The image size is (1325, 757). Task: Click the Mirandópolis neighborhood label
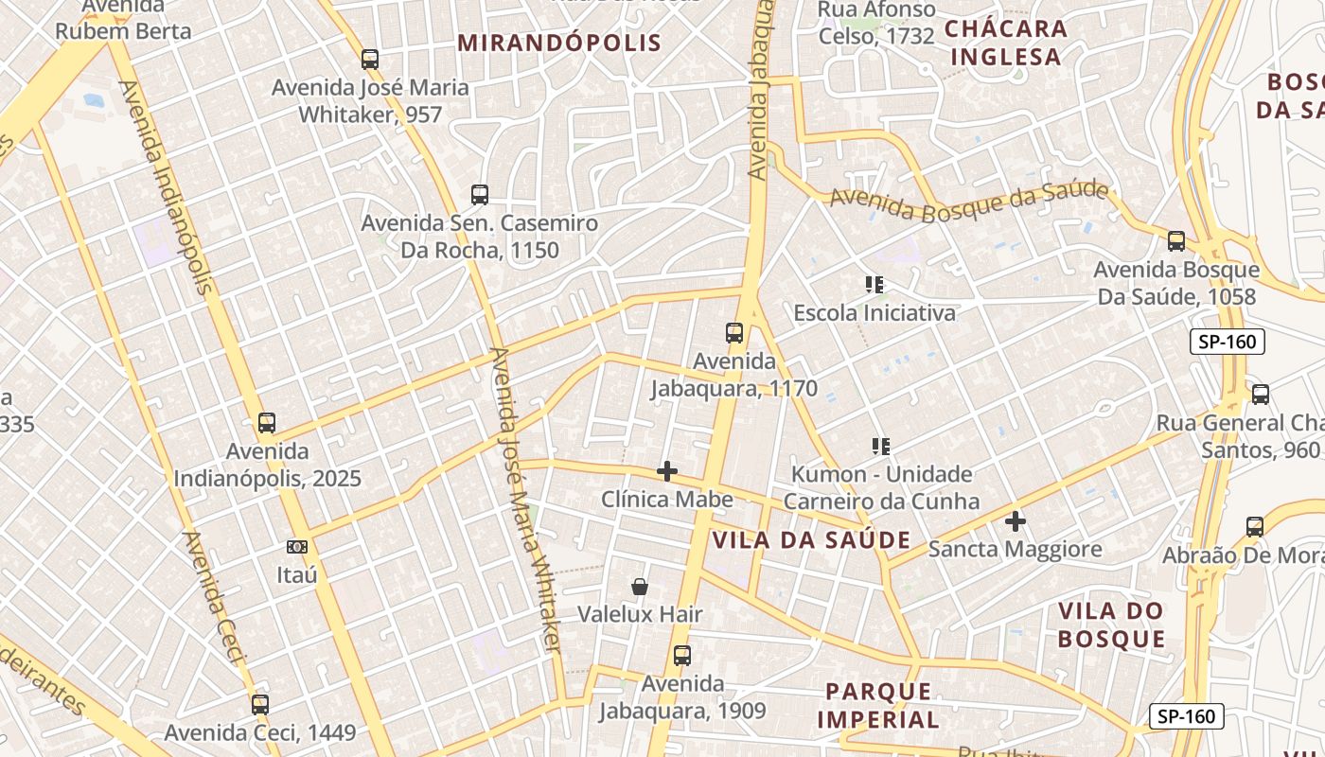559,43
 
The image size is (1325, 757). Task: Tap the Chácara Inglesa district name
1006,43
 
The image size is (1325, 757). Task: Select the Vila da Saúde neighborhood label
811,540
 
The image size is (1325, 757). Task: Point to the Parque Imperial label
878,705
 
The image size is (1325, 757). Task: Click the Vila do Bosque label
1111,625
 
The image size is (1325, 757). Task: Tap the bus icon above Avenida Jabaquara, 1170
734,333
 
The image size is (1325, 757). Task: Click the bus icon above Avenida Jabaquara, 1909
681,655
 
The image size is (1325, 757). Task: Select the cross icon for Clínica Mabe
667,471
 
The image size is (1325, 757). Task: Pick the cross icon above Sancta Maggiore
1016,521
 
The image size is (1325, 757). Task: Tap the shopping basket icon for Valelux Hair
640,587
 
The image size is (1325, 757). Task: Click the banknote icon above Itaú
297,547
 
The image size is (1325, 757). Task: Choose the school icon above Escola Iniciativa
874,284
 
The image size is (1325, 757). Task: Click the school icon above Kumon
881,446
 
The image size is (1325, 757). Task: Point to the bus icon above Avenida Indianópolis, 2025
267,423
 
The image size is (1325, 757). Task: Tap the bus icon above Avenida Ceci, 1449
260,704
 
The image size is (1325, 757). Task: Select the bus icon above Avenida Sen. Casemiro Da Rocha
480,195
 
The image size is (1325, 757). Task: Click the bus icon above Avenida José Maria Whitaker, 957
370,59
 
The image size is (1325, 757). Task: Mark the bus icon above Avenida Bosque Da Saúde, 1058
1176,241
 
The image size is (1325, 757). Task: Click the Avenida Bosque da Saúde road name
969,200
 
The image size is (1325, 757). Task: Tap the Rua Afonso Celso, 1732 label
876,24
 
